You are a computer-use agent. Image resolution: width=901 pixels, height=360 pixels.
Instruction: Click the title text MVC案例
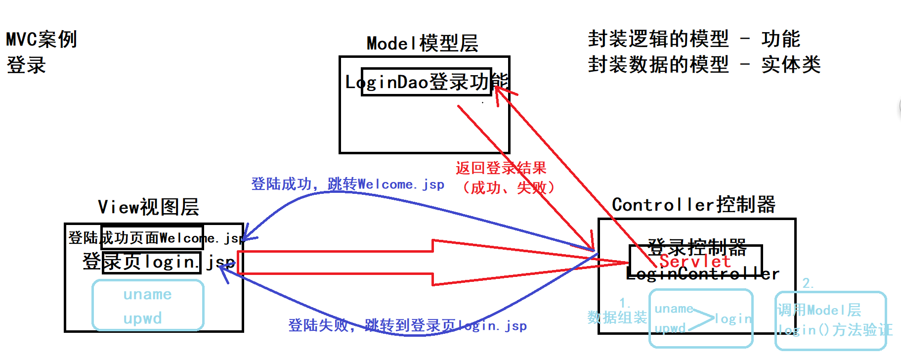42,40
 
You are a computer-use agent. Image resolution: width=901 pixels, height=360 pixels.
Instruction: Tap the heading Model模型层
422,44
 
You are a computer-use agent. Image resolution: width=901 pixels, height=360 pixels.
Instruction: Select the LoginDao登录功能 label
426,82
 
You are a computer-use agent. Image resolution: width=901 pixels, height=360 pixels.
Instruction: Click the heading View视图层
148,207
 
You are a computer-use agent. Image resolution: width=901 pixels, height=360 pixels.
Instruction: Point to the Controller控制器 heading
693,205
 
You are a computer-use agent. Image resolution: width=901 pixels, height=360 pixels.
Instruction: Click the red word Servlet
695,261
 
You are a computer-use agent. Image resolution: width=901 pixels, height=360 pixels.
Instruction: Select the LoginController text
702,273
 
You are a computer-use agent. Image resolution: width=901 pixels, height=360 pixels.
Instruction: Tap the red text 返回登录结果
501,168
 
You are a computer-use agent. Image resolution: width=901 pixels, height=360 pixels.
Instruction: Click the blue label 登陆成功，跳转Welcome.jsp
347,184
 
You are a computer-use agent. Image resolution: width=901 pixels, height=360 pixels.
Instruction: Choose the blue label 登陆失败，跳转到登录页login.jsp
407,325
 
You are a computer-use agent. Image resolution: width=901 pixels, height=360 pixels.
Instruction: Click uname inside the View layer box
147,295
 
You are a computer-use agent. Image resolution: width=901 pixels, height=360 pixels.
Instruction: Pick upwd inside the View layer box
142,318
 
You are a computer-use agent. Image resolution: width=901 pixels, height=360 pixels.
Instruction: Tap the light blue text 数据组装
617,317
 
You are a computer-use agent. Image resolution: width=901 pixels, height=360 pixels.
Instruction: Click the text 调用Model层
819,310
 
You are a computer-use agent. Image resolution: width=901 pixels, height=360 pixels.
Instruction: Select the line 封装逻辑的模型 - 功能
693,39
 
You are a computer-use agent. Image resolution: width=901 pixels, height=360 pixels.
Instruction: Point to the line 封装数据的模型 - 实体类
704,64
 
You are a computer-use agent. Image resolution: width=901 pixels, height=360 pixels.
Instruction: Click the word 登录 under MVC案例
26,65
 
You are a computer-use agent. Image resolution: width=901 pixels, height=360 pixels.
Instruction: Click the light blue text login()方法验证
834,330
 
